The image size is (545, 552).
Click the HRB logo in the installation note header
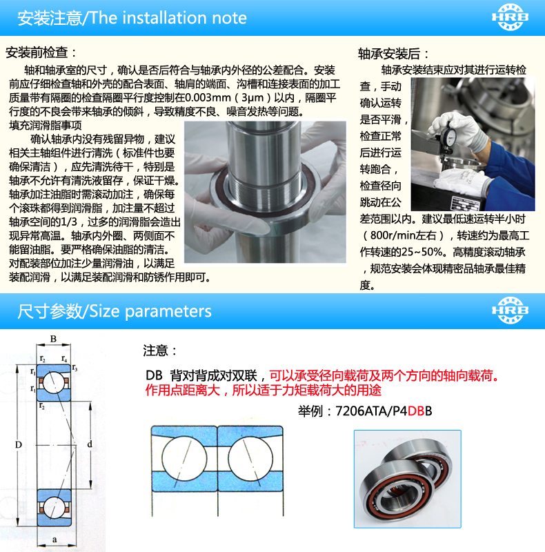coord(510,17)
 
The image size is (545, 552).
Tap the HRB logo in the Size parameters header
coord(510,310)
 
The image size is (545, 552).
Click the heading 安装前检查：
coord(41,53)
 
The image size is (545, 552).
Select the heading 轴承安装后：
coord(394,54)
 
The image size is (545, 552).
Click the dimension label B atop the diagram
coord(54,339)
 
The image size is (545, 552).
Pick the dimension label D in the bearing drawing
coord(19,444)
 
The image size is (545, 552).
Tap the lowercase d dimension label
coord(90,444)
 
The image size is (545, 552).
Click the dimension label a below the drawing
coord(54,540)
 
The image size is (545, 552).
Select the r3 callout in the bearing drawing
coord(75,368)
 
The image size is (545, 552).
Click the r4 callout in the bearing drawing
coord(64,359)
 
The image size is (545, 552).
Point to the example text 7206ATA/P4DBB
coord(384,411)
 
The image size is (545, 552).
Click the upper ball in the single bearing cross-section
coord(54,383)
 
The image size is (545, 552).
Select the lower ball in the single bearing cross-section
coord(54,507)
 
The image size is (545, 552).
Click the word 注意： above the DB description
coord(160,351)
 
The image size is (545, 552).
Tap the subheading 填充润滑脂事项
coord(45,126)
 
